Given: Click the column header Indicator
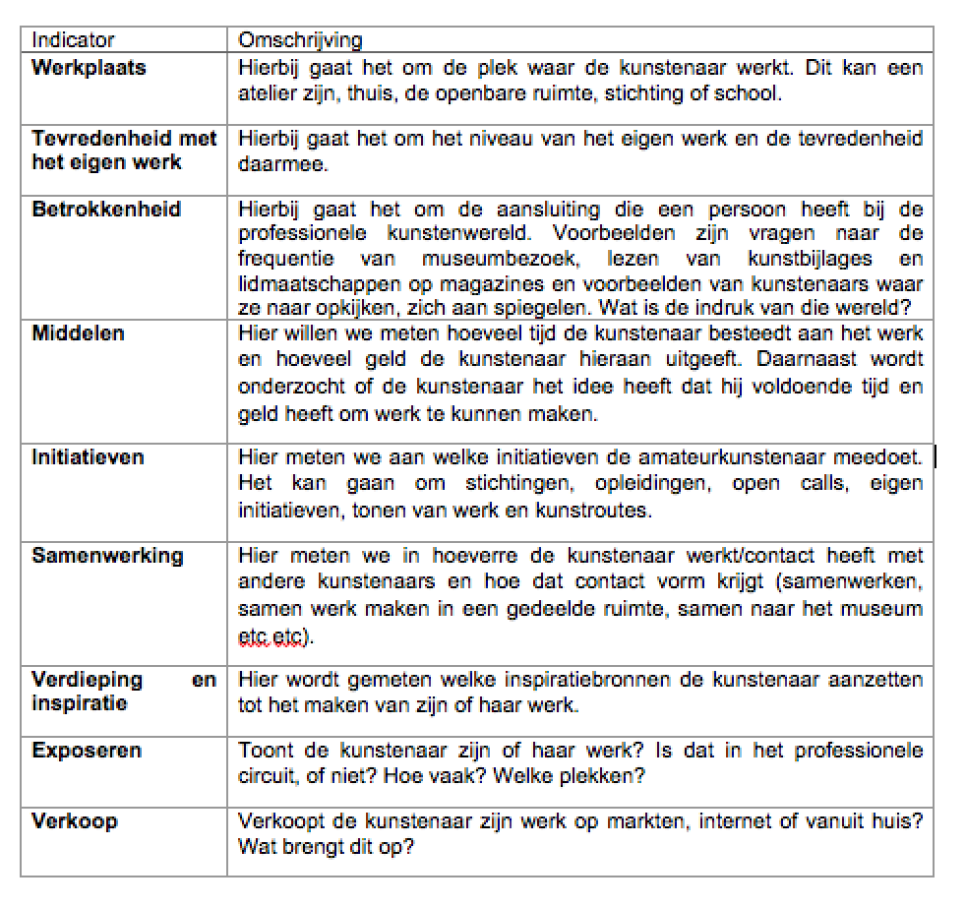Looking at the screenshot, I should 73,40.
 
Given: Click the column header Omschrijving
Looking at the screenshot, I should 300,40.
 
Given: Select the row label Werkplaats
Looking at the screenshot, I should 89,68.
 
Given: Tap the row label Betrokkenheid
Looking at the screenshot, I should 106,210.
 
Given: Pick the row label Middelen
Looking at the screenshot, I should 78,333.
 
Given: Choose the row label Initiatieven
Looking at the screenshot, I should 88,457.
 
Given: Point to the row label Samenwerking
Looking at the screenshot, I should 107,555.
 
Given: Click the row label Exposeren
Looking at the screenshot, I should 87,751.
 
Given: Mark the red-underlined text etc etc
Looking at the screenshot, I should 274,637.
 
